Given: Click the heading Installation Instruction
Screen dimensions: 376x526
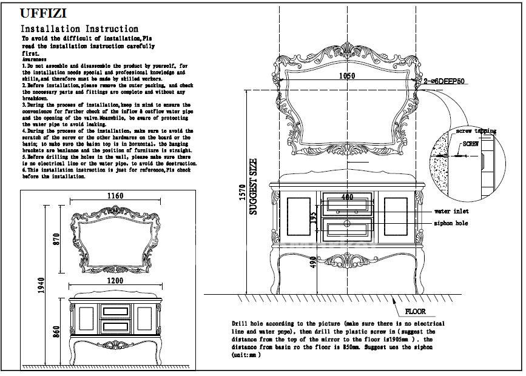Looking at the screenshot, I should click(79, 29).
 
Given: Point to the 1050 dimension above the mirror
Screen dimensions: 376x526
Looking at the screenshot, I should click(346, 76).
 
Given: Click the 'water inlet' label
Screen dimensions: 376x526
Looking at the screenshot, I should click(451, 212).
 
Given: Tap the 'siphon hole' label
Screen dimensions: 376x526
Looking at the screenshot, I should click(451, 223).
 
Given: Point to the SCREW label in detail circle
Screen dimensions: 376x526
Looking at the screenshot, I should click(471, 144).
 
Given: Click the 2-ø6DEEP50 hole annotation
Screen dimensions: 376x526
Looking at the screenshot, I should click(444, 80).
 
